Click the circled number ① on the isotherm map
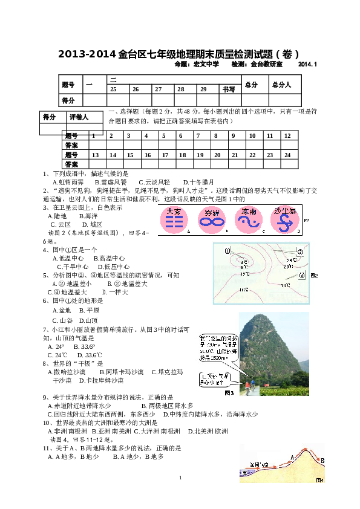tap(227, 251)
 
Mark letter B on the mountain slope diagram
tap(322, 461)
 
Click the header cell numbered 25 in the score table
tap(113, 89)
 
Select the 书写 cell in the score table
tap(229, 89)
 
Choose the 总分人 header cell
tap(282, 85)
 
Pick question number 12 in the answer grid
tap(287, 135)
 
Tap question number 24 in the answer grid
tap(287, 155)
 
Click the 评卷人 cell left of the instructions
tap(78, 117)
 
